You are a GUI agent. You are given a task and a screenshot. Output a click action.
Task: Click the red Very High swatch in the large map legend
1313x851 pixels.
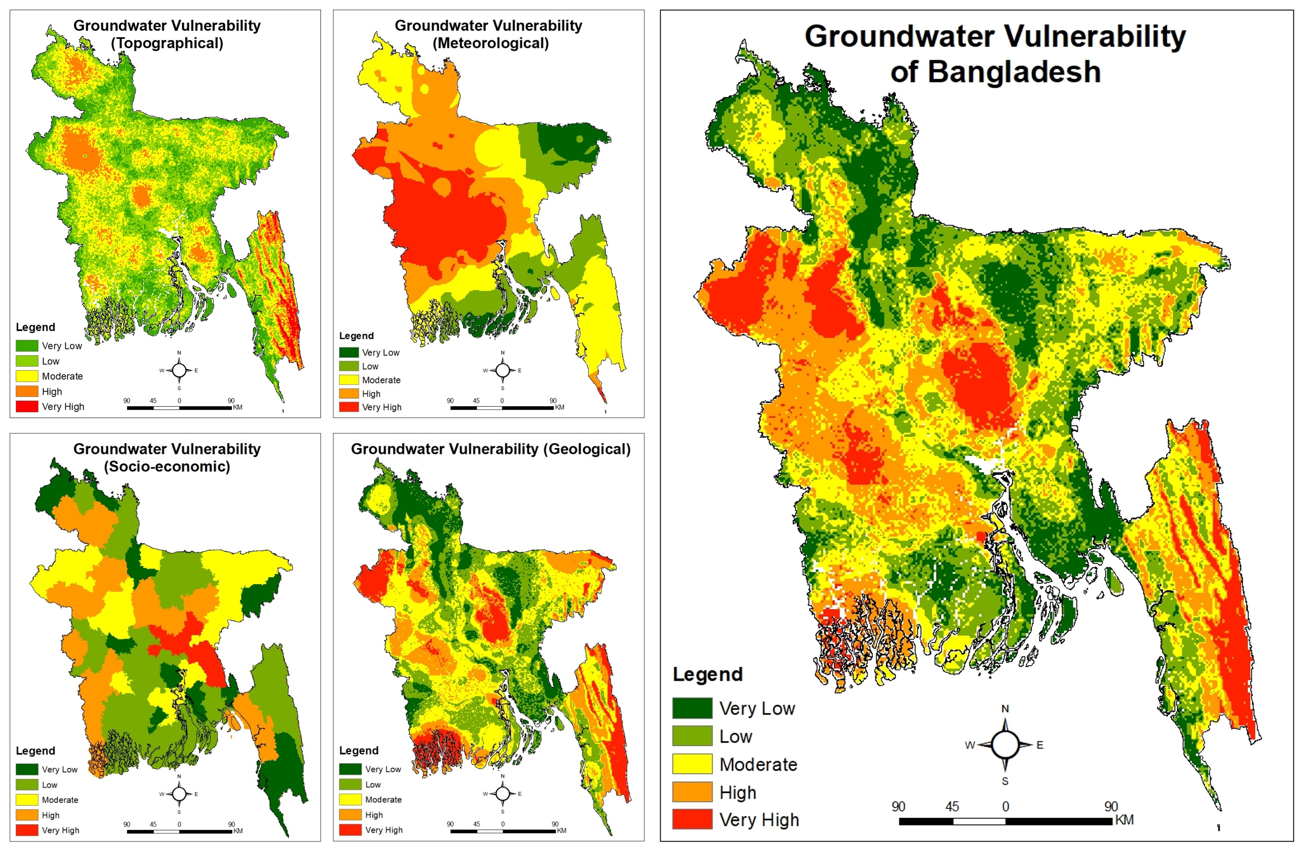click(692, 819)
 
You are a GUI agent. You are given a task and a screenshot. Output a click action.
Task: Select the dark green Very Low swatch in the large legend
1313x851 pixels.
click(692, 707)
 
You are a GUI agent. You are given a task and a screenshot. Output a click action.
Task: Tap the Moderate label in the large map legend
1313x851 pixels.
click(758, 764)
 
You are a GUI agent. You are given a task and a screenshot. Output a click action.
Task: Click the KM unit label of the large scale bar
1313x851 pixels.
click(1124, 819)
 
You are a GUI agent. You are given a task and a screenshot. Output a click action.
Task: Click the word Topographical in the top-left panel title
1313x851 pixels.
click(167, 43)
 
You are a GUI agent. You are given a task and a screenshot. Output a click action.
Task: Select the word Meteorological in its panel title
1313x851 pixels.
click(490, 43)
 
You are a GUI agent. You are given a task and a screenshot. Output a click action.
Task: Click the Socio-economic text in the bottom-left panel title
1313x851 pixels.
click(167, 466)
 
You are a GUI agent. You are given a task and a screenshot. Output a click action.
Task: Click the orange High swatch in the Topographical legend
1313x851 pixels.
click(26, 391)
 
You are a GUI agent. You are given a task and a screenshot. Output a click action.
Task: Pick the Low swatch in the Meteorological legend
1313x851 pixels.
click(349, 366)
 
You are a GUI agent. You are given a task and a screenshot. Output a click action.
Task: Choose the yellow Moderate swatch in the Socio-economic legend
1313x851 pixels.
click(26, 800)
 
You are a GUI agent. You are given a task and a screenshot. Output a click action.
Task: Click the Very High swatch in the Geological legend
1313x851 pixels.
click(350, 830)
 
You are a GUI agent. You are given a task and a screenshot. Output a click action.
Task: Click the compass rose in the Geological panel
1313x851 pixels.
click(502, 794)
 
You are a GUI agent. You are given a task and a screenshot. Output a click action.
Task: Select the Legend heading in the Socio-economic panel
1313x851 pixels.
click(35, 751)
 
